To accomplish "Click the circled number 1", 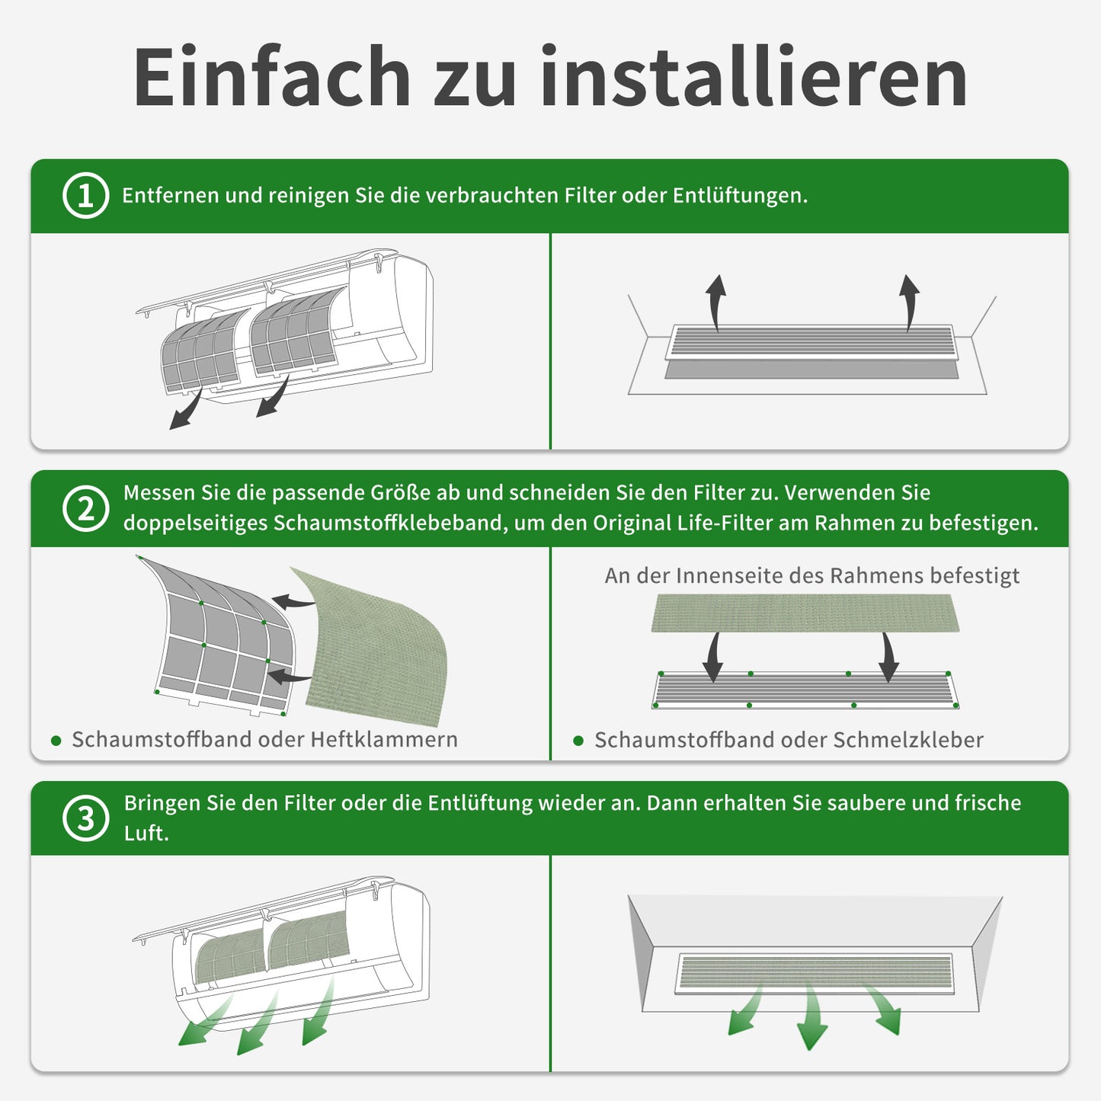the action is (x=85, y=196).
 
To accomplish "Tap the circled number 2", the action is (x=85, y=508).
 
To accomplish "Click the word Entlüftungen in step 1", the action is (x=741, y=196).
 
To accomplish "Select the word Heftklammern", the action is (x=385, y=739).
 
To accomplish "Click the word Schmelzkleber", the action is (x=908, y=739).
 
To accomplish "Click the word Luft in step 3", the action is (x=145, y=833).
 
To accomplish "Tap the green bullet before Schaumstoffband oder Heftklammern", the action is (x=56, y=741).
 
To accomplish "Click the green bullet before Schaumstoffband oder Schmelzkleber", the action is (x=578, y=741).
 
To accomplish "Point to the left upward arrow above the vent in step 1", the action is (x=715, y=302).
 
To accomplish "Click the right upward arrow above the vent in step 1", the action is (x=909, y=302).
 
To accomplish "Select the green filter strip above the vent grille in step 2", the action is (x=805, y=613).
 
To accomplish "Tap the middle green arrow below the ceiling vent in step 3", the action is (x=811, y=1016).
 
